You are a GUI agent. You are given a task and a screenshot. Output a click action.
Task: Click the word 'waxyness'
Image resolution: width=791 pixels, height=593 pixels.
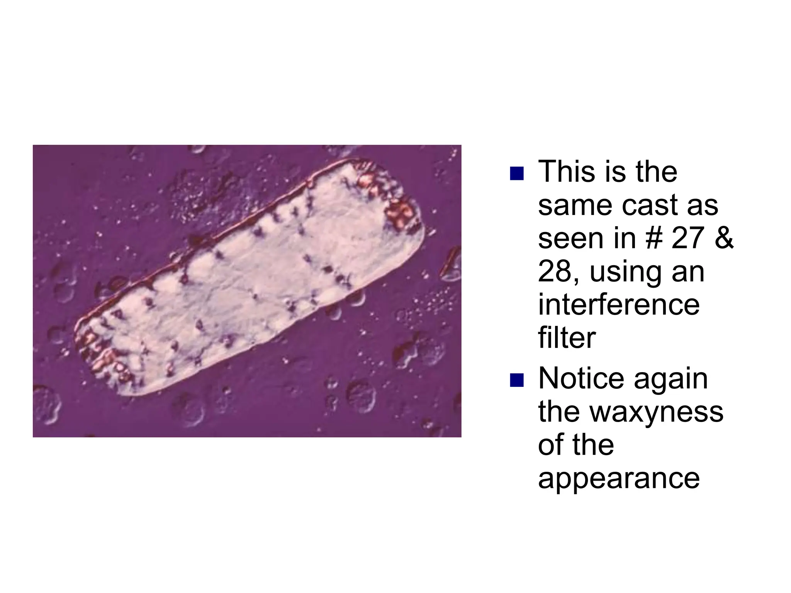tap(657, 411)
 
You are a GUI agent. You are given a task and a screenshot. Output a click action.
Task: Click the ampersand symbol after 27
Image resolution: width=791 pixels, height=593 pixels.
tap(724, 238)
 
